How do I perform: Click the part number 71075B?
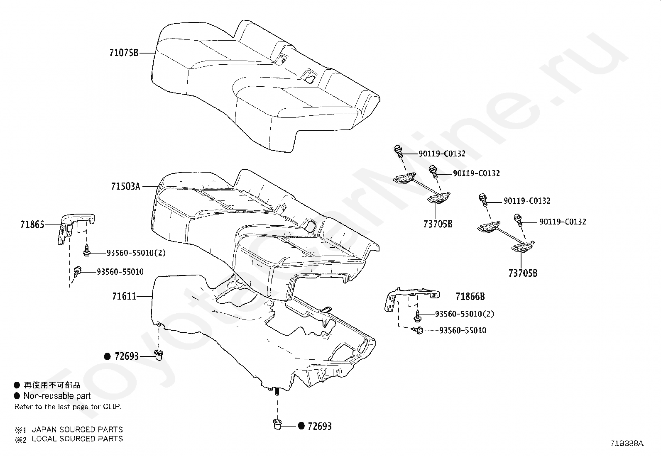123,53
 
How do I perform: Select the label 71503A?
125,186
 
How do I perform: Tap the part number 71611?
124,296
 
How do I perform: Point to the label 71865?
32,225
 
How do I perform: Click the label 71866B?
470,296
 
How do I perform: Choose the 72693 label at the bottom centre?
319,426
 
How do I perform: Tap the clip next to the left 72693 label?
158,355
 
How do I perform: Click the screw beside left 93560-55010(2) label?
87,251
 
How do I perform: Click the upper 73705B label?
438,224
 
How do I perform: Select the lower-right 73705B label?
523,273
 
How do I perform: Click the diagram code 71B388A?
627,444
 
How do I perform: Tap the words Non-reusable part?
57,396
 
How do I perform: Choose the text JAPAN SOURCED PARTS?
77,429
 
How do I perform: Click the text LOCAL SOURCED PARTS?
77,439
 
